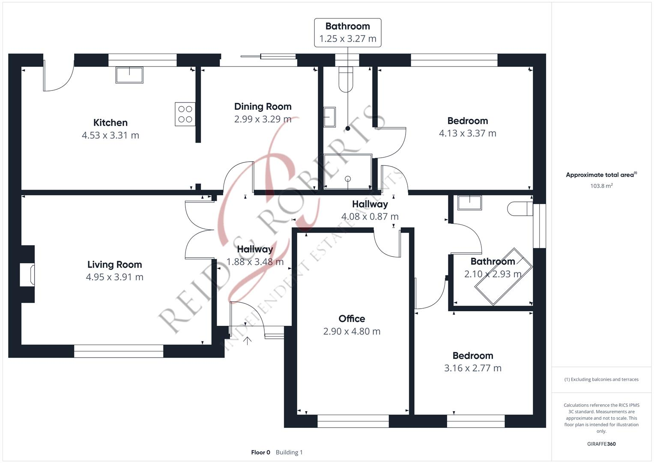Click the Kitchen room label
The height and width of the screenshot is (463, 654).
pos(110,123)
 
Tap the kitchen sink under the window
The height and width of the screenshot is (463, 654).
pos(129,75)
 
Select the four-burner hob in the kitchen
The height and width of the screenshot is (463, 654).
pos(185,114)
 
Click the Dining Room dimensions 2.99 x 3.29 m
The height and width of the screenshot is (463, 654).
pos(263,119)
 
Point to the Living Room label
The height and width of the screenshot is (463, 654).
pos(114,265)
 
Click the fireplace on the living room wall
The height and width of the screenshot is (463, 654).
pos(28,275)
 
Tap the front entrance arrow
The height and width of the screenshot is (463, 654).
pos(247,341)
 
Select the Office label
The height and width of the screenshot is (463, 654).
pos(352,319)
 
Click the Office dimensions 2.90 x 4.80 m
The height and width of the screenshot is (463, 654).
pos(352,331)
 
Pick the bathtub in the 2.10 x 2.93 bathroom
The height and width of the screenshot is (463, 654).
pos(503,277)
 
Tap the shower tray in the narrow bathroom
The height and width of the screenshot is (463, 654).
pos(347,172)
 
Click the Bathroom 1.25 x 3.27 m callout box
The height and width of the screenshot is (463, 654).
pos(347,33)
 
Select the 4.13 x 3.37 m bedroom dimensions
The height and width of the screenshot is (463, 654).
pos(467,133)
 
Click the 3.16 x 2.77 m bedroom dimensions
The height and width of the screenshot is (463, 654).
pos(472,368)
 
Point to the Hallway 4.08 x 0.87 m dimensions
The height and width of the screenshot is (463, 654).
pos(370,217)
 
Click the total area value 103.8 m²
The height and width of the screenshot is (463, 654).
pos(601,186)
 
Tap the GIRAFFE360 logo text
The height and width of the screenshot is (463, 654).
pos(601,444)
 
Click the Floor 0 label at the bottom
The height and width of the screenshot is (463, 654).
pos(260,452)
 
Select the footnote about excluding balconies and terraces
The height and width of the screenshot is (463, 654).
pos(601,379)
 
